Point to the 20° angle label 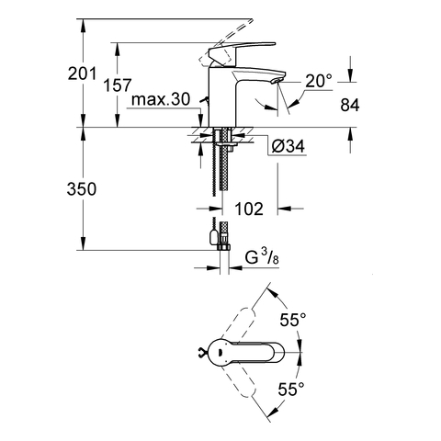(x=318, y=82)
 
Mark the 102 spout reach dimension (x=248, y=209)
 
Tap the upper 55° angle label (x=293, y=321)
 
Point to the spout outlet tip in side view (x=273, y=82)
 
